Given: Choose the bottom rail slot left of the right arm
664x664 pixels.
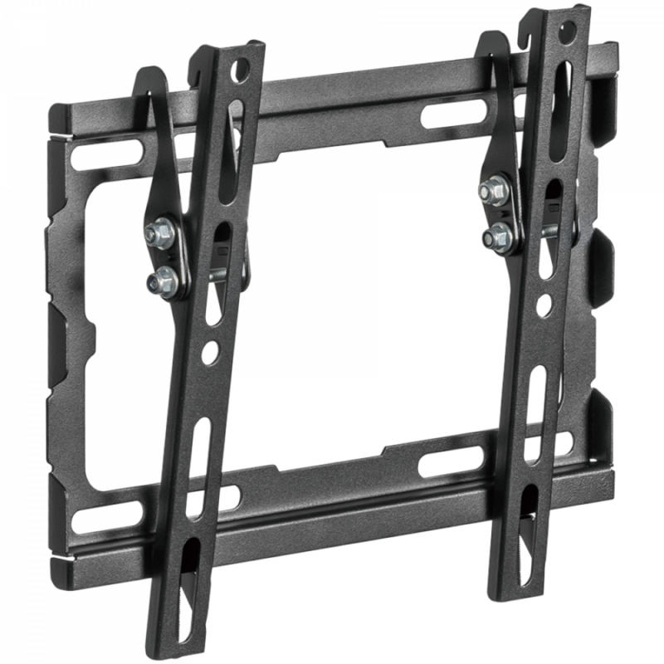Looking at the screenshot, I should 451,461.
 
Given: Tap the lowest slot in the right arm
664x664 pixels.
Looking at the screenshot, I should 528,515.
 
